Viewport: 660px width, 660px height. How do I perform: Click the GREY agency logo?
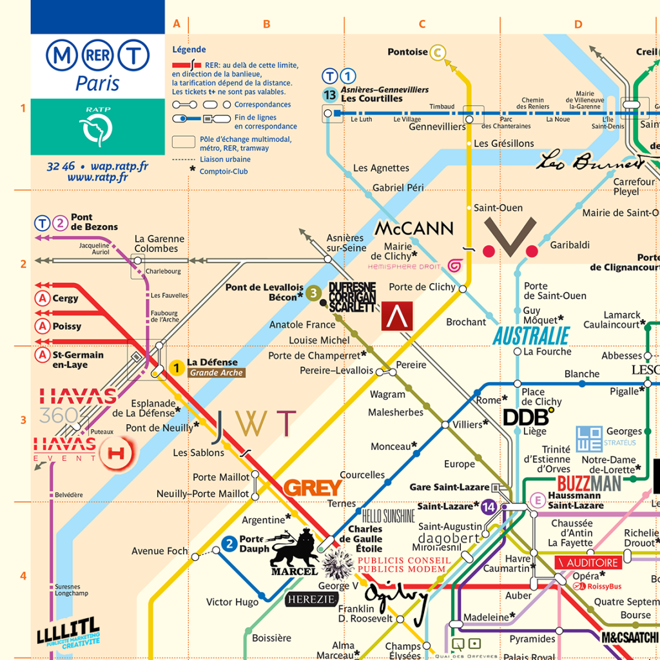(313, 488)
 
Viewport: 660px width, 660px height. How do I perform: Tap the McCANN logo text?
(414, 228)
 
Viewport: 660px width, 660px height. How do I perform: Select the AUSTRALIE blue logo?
(531, 336)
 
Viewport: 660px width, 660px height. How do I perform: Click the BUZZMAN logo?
(588, 483)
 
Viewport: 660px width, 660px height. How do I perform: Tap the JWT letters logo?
(255, 423)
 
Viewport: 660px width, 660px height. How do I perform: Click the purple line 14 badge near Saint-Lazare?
(489, 506)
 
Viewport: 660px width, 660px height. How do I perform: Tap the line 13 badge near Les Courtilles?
(330, 95)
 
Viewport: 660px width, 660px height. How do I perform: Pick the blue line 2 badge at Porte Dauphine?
(229, 544)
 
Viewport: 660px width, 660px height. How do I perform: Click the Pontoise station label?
(407, 52)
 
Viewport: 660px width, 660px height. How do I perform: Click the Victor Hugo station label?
(232, 602)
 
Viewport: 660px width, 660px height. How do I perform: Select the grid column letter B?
(266, 24)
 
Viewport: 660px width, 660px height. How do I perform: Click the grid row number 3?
(23, 420)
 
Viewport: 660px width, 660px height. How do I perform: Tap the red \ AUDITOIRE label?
(588, 563)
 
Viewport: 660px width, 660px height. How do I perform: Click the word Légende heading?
(189, 50)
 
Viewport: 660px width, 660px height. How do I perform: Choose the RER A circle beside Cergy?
(43, 298)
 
